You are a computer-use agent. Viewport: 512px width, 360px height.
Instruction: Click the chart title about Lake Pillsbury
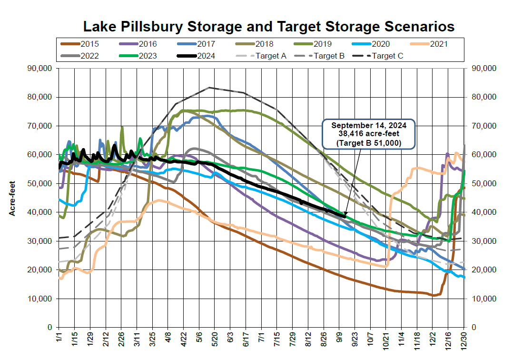pos(269,26)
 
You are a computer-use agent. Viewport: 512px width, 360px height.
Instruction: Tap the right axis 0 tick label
pos(474,328)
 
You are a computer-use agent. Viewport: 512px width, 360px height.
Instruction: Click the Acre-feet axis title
pos(13,198)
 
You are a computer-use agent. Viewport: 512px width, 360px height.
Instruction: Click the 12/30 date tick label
pos(464,342)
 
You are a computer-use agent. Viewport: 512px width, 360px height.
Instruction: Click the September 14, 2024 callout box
pos(369,134)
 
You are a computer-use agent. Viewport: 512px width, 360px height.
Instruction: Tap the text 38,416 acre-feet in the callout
pos(369,134)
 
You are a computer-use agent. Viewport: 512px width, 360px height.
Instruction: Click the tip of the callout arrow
pos(345,217)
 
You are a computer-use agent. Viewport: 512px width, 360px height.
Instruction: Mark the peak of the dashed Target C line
pos(209,88)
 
